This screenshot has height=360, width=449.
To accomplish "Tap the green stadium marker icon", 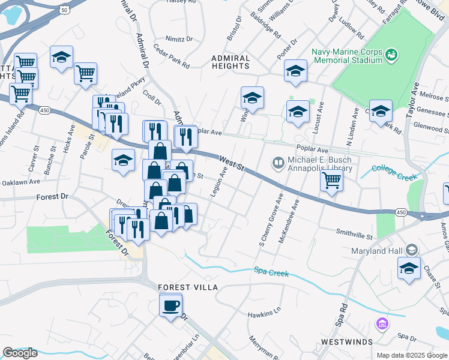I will (x=392, y=55).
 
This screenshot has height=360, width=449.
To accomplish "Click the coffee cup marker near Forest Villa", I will (x=170, y=306).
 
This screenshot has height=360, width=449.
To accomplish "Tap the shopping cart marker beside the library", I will (x=331, y=181).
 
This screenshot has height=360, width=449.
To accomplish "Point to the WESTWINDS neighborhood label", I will (x=346, y=341).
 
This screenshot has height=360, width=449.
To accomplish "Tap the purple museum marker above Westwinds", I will (x=381, y=325).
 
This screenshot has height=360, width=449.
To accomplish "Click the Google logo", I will (x=20, y=353).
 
